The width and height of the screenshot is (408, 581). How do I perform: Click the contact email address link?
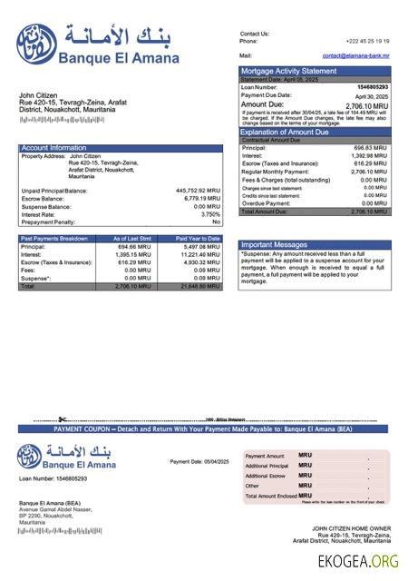[x=355, y=55]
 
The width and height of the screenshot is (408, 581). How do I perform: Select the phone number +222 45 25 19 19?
[x=367, y=41]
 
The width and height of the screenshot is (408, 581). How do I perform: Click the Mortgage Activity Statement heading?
[x=287, y=71]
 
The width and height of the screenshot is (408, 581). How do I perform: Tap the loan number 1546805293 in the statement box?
[x=373, y=87]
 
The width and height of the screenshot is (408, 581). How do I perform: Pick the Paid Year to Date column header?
[x=198, y=238]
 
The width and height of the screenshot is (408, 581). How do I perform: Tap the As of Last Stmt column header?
[x=132, y=238]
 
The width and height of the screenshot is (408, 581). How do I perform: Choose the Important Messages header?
[x=275, y=244]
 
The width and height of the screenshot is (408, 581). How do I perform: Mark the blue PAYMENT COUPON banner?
[x=204, y=428]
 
